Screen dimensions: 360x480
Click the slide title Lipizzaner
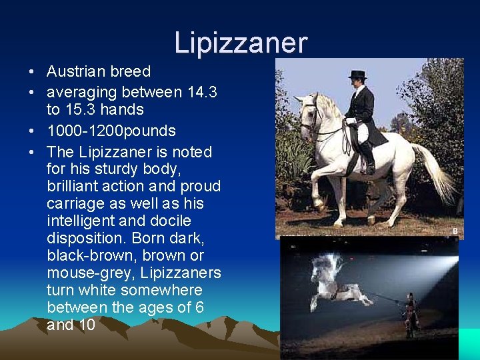(241, 43)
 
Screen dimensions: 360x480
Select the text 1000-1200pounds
(111, 131)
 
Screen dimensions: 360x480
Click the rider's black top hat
(357, 75)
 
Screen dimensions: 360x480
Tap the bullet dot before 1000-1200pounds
(32, 131)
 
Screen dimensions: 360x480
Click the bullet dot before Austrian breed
(32, 71)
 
